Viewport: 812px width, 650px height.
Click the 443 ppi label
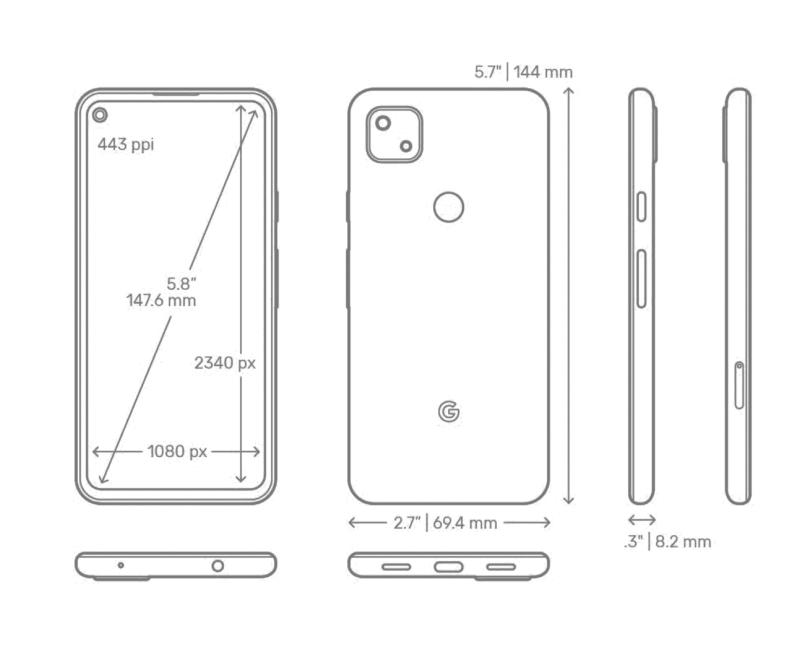click(x=126, y=144)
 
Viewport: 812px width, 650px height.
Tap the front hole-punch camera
click(x=100, y=115)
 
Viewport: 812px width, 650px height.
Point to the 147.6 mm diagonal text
click(x=161, y=301)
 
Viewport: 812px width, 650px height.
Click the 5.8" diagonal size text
click(x=181, y=284)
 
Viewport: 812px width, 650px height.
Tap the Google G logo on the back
click(x=448, y=412)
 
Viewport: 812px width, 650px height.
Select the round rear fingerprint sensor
click(x=448, y=207)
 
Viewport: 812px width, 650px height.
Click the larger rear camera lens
click(x=383, y=123)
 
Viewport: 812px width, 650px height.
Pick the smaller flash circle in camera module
click(x=406, y=146)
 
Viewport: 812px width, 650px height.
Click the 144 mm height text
click(x=543, y=72)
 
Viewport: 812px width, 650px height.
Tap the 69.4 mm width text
click(x=465, y=523)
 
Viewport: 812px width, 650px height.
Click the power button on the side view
click(x=641, y=207)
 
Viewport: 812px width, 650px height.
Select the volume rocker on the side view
click(x=641, y=279)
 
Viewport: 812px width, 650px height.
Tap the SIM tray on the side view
click(x=739, y=385)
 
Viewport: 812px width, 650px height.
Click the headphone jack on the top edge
click(x=218, y=566)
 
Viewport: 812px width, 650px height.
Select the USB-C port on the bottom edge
click(x=448, y=567)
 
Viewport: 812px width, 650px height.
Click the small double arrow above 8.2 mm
click(x=642, y=520)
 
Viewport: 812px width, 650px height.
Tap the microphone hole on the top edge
click(x=121, y=565)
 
